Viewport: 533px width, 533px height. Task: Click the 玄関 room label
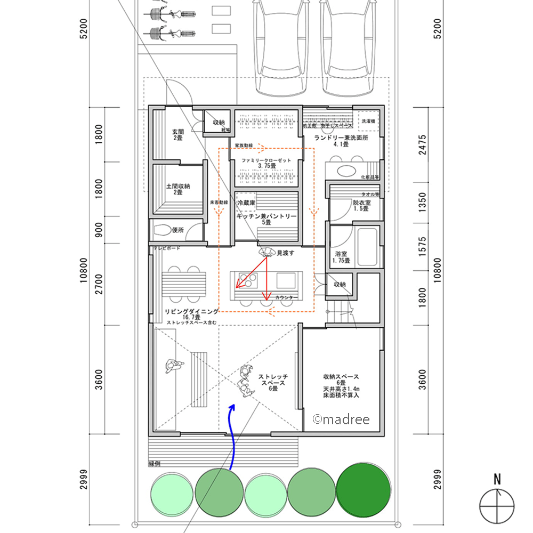177,134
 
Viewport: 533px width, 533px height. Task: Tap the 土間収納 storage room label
177,189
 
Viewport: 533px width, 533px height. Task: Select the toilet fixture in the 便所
161,230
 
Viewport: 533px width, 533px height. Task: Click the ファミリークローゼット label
266,163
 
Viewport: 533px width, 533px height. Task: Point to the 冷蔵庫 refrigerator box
246,203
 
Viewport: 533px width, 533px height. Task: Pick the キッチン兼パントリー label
266,219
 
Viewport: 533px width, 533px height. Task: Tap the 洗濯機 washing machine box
368,122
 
